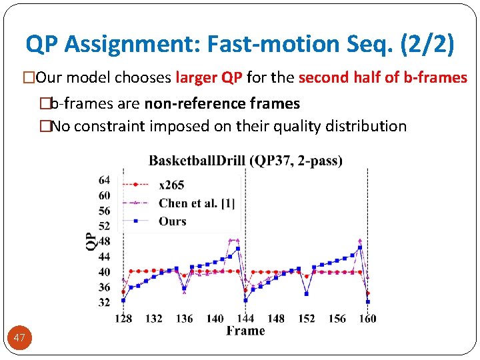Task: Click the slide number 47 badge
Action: [x=19, y=338]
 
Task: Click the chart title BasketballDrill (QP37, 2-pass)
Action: [x=245, y=161]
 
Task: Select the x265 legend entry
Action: [x=171, y=185]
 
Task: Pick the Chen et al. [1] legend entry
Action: [x=196, y=203]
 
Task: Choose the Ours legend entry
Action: [x=172, y=221]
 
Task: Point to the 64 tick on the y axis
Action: [x=104, y=180]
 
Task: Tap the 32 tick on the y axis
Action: [x=104, y=302]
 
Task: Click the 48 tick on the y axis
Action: [x=104, y=241]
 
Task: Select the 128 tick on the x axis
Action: [x=123, y=318]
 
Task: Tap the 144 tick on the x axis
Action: [x=245, y=318]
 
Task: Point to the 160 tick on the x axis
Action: [x=367, y=318]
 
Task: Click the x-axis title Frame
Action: [x=245, y=331]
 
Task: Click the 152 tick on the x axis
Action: [x=306, y=318]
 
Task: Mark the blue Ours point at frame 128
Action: [x=123, y=300]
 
